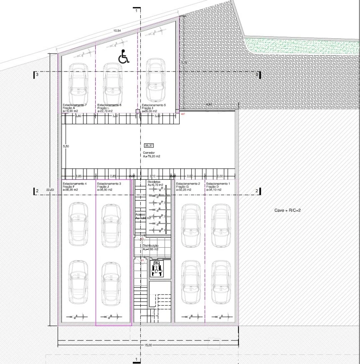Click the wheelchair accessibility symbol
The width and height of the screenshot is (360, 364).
(124, 57)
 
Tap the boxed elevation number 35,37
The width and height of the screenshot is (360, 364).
(148, 145)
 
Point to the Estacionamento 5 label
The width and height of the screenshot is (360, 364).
(154, 105)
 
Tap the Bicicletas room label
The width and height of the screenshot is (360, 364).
(154, 181)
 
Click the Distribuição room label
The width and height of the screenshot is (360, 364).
(150, 246)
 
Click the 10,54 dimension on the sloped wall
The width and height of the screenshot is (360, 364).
(117, 30)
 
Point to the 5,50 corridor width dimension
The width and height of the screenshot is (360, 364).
(66, 147)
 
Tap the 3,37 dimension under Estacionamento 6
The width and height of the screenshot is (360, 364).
(116, 115)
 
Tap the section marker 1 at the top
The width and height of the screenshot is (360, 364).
(137, 10)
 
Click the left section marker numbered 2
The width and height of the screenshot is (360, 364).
(36, 191)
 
